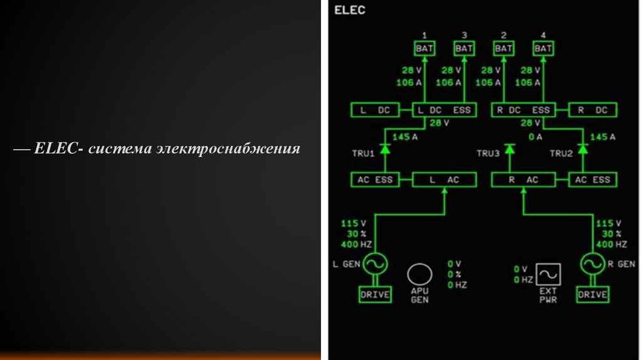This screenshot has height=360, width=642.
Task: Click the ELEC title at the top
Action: coord(350,11)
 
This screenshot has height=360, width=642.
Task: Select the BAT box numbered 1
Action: coord(424,48)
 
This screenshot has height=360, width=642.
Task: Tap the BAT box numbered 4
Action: coord(543,48)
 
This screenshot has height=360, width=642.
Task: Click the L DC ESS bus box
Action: coord(444,110)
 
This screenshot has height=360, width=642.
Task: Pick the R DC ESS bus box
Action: coord(522,110)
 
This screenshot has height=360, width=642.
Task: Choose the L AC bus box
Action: coord(444,180)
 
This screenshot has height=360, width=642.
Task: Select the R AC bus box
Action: coord(522,180)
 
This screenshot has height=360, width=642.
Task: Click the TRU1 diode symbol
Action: coord(386,150)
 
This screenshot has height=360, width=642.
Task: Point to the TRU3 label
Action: coord(488,153)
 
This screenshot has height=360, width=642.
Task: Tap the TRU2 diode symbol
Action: coord(583,150)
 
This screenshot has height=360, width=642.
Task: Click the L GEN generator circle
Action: coord(375,264)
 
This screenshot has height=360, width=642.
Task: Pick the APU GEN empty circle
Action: coord(419,275)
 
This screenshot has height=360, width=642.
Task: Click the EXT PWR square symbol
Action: coord(548,275)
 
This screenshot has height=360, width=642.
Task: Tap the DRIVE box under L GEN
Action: coord(375,294)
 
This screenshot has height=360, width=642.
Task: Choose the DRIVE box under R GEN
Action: coord(592,294)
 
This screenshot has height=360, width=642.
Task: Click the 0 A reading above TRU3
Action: coord(535,137)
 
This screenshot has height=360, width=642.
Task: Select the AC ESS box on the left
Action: coord(375,180)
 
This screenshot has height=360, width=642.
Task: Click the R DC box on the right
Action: coord(592,110)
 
